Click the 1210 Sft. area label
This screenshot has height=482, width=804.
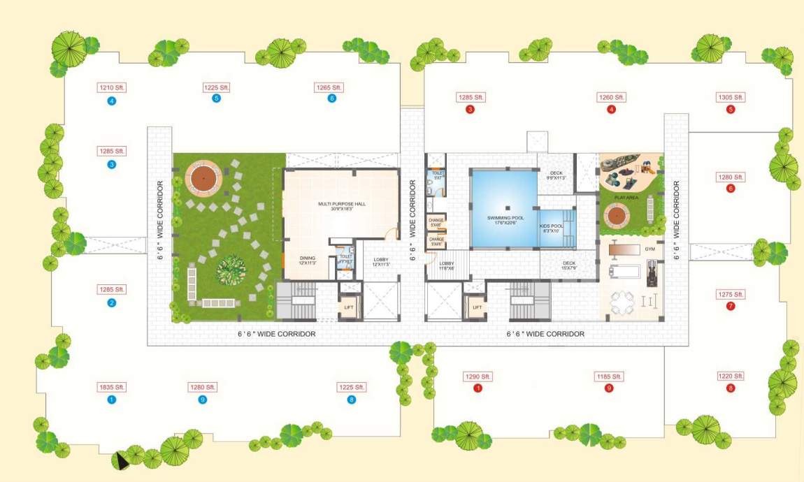111,88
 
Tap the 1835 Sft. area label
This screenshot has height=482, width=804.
111,387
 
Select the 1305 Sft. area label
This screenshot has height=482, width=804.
731,97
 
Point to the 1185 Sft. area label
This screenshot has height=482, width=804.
609,377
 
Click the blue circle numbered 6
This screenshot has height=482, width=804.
332,98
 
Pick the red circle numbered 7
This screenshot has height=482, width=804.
731,307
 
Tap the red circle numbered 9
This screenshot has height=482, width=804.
609,388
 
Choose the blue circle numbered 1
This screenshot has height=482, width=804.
111,400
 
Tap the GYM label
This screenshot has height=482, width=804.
649,249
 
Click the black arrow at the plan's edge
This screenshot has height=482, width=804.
122,460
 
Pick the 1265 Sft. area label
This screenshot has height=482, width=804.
332,87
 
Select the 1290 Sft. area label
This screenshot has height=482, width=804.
478,377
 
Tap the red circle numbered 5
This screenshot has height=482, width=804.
731,110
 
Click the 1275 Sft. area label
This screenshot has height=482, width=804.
731,294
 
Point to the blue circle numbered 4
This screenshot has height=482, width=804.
111,100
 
